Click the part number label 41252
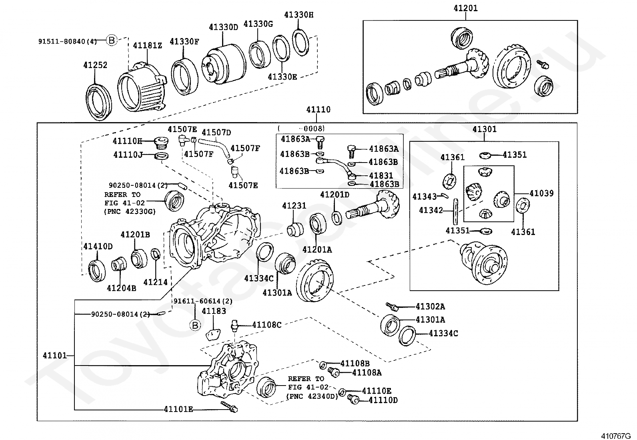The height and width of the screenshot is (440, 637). (95, 65)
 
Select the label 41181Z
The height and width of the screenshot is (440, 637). (147, 46)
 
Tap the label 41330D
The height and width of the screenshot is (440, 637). (223, 27)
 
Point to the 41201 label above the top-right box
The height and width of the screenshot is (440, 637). (465, 8)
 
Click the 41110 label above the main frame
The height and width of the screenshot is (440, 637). (318, 109)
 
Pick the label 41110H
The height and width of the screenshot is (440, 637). (127, 141)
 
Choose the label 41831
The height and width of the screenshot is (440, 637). (381, 175)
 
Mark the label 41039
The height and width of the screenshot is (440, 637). (541, 193)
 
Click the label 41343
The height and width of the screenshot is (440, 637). (425, 197)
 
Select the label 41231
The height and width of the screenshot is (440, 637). (294, 206)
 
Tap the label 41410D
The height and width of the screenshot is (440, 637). (98, 246)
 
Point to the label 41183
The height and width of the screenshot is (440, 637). (214, 311)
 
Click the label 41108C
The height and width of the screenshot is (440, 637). (267, 325)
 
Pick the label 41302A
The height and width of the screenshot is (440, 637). (430, 307)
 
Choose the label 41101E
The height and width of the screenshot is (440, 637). (178, 409)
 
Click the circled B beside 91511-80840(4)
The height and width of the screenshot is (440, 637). (112, 40)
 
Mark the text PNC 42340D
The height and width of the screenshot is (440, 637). (312, 396)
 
